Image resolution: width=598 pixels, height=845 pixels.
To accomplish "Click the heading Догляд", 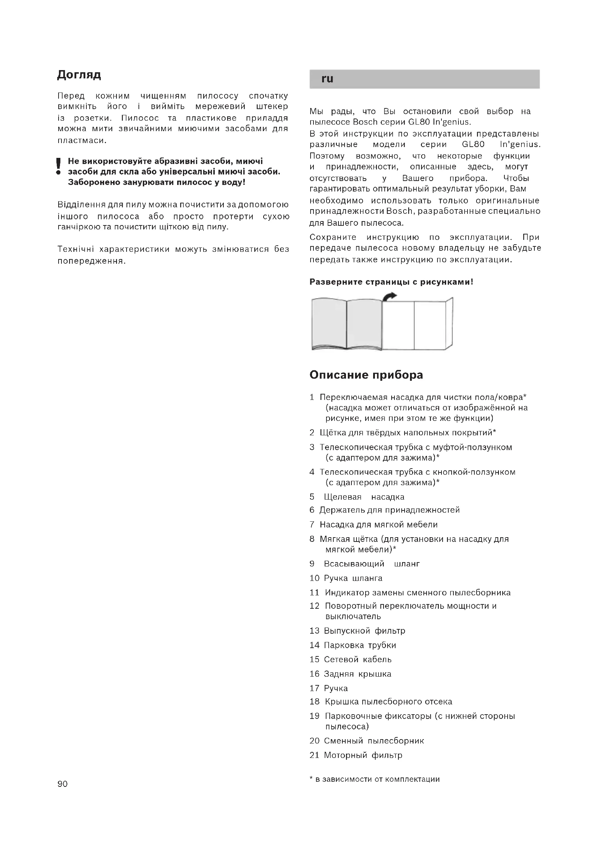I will (79, 75).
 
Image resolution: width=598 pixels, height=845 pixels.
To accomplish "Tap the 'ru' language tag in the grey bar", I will (327, 79).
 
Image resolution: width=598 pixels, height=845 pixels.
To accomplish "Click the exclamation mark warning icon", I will (58, 166).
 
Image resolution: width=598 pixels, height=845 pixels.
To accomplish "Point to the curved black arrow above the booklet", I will (390, 296).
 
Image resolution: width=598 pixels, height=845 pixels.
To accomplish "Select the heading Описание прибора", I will (366, 375).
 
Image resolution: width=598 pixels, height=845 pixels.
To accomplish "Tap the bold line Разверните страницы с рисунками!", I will (391, 282).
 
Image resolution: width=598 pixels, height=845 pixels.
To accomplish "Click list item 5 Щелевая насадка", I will (364, 497).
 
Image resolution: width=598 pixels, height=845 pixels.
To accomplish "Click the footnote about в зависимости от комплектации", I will (375, 779).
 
